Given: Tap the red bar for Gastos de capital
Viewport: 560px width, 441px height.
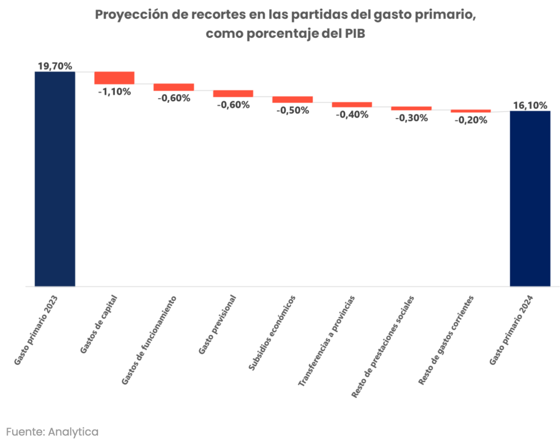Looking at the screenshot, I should [114, 78].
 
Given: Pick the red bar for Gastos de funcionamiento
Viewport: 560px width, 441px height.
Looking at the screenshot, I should [174, 87].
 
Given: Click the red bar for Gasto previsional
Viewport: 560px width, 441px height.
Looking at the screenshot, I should [233, 94].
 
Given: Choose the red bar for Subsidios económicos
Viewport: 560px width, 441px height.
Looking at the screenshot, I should [292, 100].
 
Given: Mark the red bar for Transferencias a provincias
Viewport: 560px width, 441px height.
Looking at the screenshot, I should [352, 105].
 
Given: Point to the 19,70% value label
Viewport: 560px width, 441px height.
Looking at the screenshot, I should [55, 66].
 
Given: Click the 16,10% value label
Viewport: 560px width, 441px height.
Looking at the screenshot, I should [530, 106].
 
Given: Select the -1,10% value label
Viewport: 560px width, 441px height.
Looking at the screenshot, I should [114, 91].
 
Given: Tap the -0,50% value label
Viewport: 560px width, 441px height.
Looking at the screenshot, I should [293, 110].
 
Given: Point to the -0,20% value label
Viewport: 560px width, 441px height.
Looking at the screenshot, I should [471, 120].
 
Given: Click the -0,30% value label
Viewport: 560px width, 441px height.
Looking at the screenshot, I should [411, 118].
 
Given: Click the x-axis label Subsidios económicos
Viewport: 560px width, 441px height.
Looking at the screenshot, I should [272, 333].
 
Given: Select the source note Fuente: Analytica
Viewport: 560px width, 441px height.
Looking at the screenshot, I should [53, 431].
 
